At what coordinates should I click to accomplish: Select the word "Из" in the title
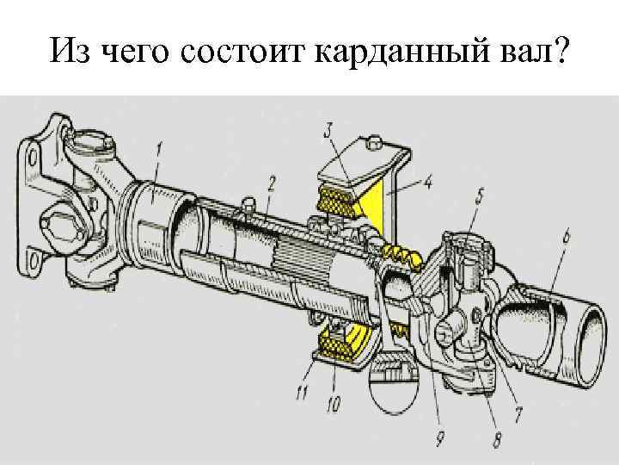[x=67, y=54]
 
